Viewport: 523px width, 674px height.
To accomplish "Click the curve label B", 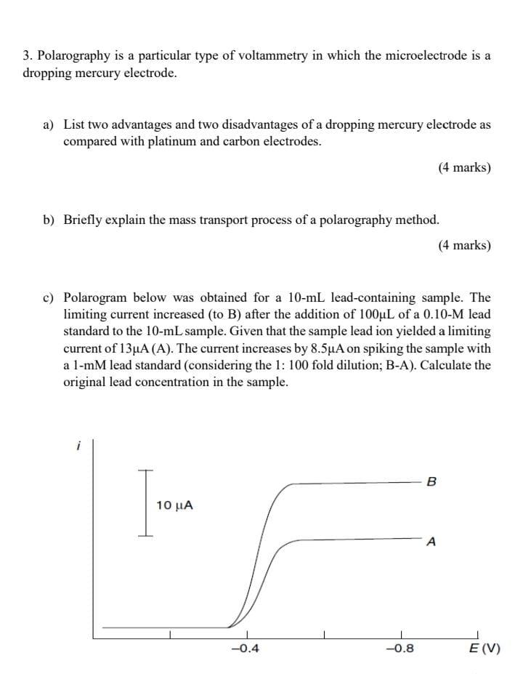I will (x=433, y=481).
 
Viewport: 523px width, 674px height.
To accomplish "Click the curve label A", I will (x=432, y=542).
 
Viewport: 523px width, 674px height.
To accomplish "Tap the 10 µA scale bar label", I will (x=175, y=505).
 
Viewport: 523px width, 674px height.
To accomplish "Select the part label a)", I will (x=49, y=125).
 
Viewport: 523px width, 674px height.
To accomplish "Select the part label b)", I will (x=49, y=220).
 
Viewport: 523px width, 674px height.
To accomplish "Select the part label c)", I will (x=49, y=298).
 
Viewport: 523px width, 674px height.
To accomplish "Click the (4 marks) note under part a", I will (x=464, y=168).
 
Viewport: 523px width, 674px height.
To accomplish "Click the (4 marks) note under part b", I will (x=464, y=245).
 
